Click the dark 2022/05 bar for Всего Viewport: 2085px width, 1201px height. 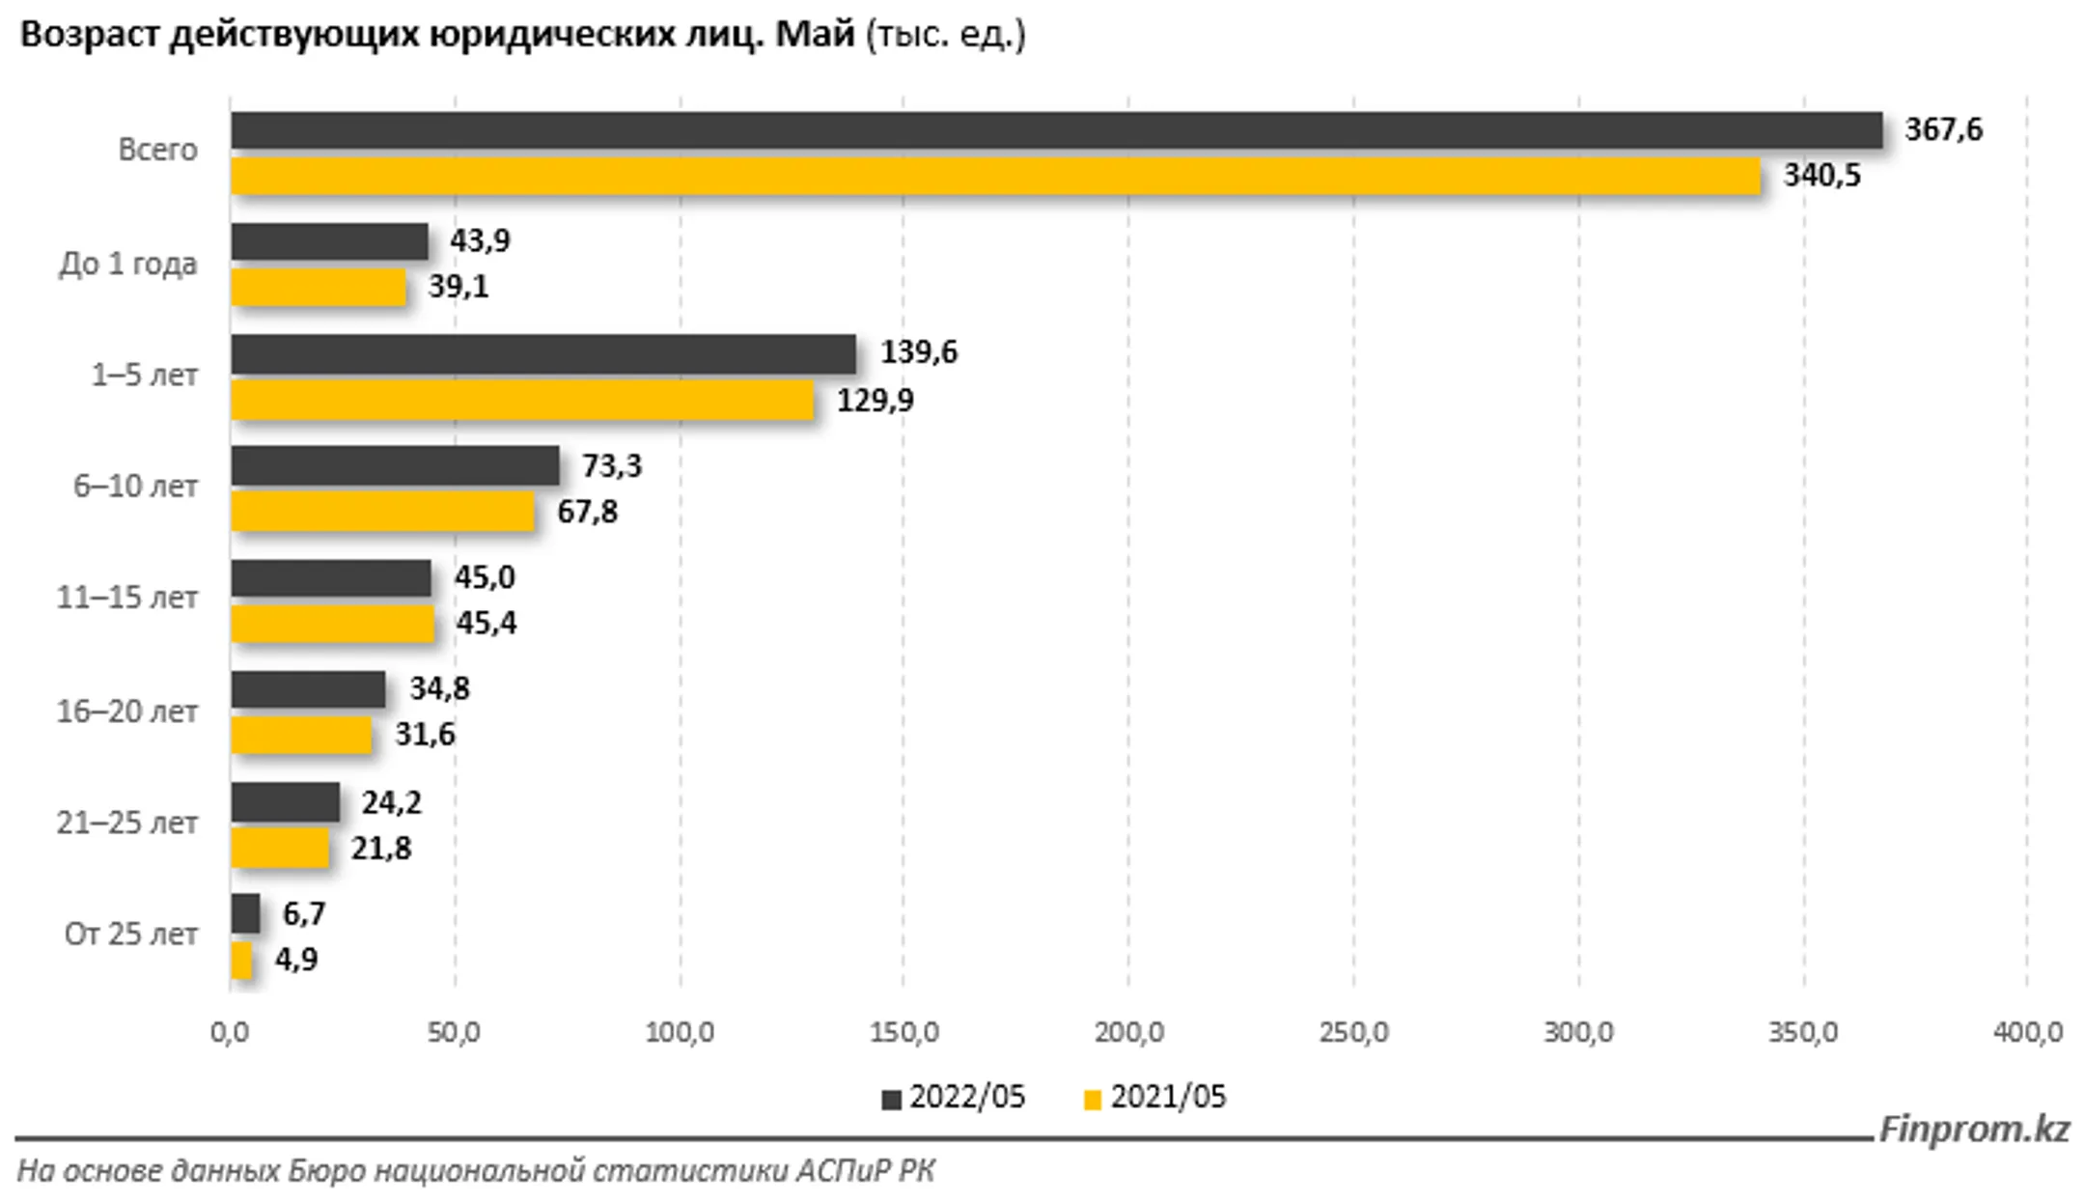point(1056,130)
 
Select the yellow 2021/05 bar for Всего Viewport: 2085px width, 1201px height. point(995,177)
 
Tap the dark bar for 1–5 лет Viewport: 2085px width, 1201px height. point(543,354)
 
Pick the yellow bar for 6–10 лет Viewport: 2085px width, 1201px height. point(382,512)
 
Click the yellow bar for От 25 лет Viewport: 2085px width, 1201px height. point(242,961)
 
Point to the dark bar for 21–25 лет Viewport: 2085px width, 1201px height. point(286,802)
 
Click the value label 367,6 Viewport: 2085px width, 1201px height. point(1943,130)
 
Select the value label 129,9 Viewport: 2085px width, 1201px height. point(875,400)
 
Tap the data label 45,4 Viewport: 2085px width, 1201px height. point(486,624)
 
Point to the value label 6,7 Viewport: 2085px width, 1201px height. point(304,914)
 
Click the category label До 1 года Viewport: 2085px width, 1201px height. point(128,264)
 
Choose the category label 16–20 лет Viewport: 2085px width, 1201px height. point(126,712)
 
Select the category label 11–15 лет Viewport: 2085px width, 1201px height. point(126,598)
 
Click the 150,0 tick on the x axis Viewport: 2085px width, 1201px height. point(903,1033)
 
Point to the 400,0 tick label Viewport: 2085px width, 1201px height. point(2027,1033)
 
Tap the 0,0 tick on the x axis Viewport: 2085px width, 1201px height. point(230,1033)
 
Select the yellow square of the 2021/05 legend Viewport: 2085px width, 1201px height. point(1093,1100)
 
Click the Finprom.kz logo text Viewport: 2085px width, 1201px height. point(1974,1129)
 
